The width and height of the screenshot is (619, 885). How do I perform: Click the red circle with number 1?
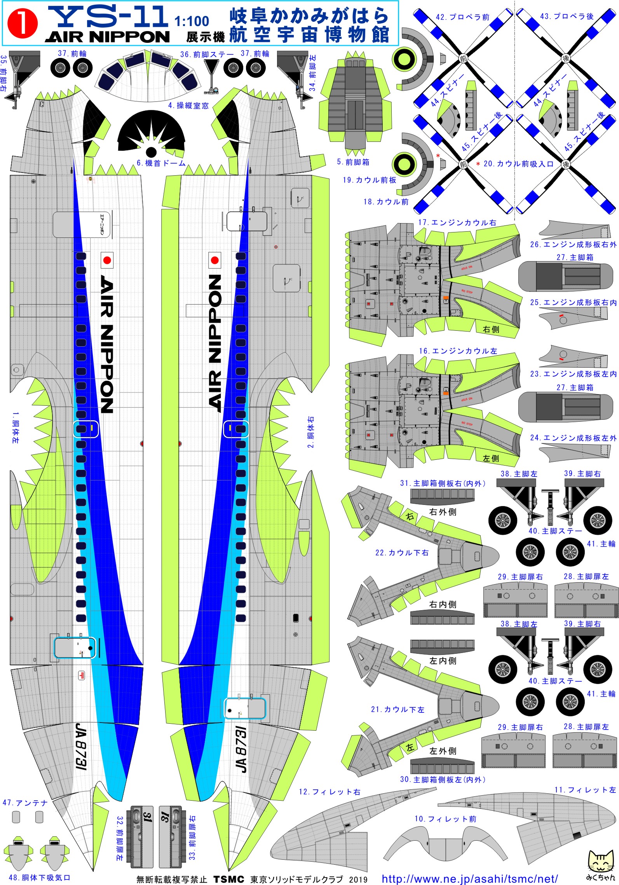click(x=23, y=24)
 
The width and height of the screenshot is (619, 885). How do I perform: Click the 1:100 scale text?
click(x=192, y=21)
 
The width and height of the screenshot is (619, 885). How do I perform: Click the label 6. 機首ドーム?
click(x=161, y=163)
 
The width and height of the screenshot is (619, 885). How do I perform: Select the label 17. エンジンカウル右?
click(x=457, y=223)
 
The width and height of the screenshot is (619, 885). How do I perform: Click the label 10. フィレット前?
click(x=445, y=819)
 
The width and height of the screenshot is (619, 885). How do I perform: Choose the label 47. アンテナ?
click(x=25, y=803)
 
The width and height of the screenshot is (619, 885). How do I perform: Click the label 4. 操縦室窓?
click(x=188, y=105)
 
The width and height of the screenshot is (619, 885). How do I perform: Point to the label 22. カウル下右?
click(x=402, y=553)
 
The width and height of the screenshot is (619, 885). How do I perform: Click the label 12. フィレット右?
click(x=329, y=792)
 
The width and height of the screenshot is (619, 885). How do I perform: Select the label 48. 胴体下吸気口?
click(x=39, y=878)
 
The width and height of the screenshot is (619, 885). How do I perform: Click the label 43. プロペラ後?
click(x=567, y=17)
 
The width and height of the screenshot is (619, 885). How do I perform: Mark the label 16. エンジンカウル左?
click(x=458, y=351)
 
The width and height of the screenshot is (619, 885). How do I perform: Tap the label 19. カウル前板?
click(x=369, y=180)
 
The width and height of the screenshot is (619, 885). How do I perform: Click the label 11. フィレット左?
click(x=585, y=790)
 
